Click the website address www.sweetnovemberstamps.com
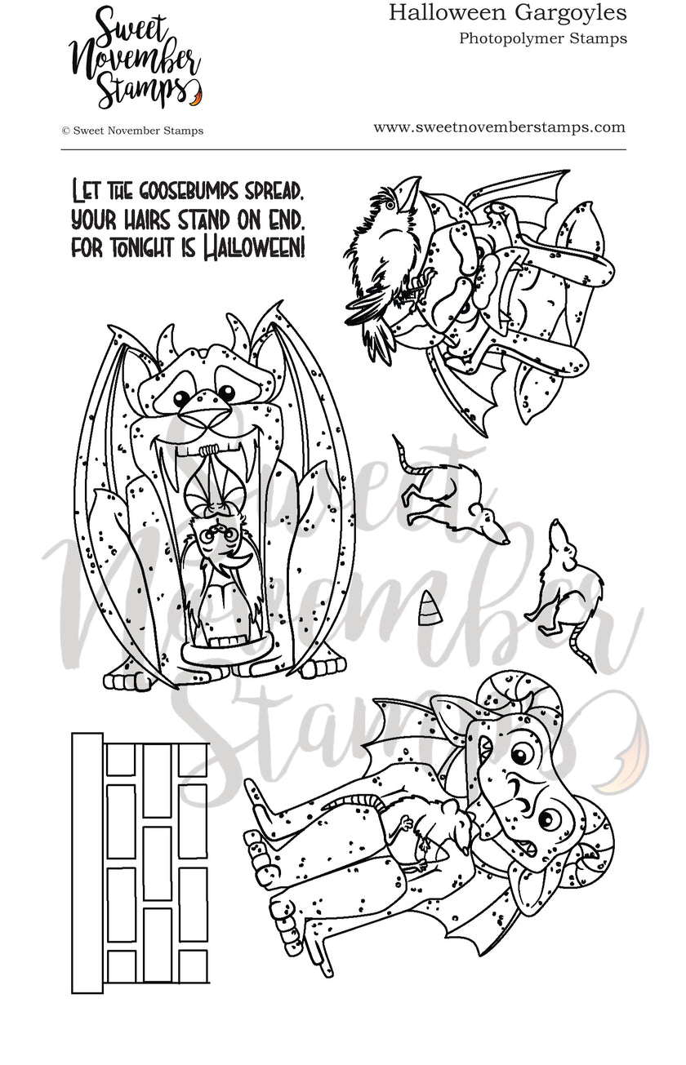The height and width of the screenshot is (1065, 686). pyautogui.click(x=499, y=127)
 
